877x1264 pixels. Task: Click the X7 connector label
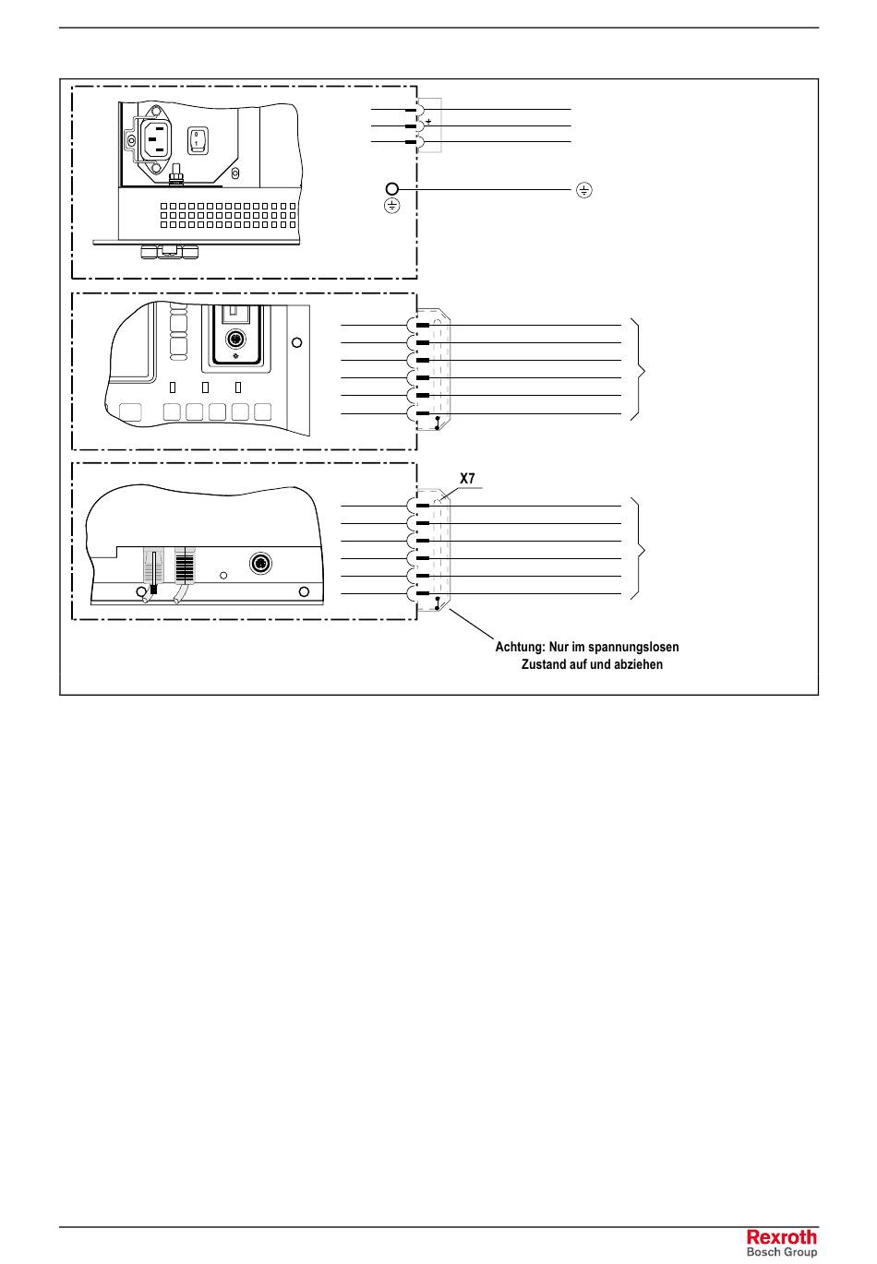[467, 479]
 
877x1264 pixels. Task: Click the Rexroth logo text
[781, 1237]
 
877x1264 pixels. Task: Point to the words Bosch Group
[781, 1252]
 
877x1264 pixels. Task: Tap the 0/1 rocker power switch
[198, 139]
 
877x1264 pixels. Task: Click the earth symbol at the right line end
[583, 191]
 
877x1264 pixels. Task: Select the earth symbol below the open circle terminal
[391, 206]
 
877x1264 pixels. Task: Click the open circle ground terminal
[391, 187]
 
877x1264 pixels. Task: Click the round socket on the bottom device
[261, 564]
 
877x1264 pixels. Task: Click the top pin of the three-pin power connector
[411, 110]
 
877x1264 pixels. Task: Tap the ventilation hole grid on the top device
[227, 214]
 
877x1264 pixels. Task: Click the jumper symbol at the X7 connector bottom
[437, 605]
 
